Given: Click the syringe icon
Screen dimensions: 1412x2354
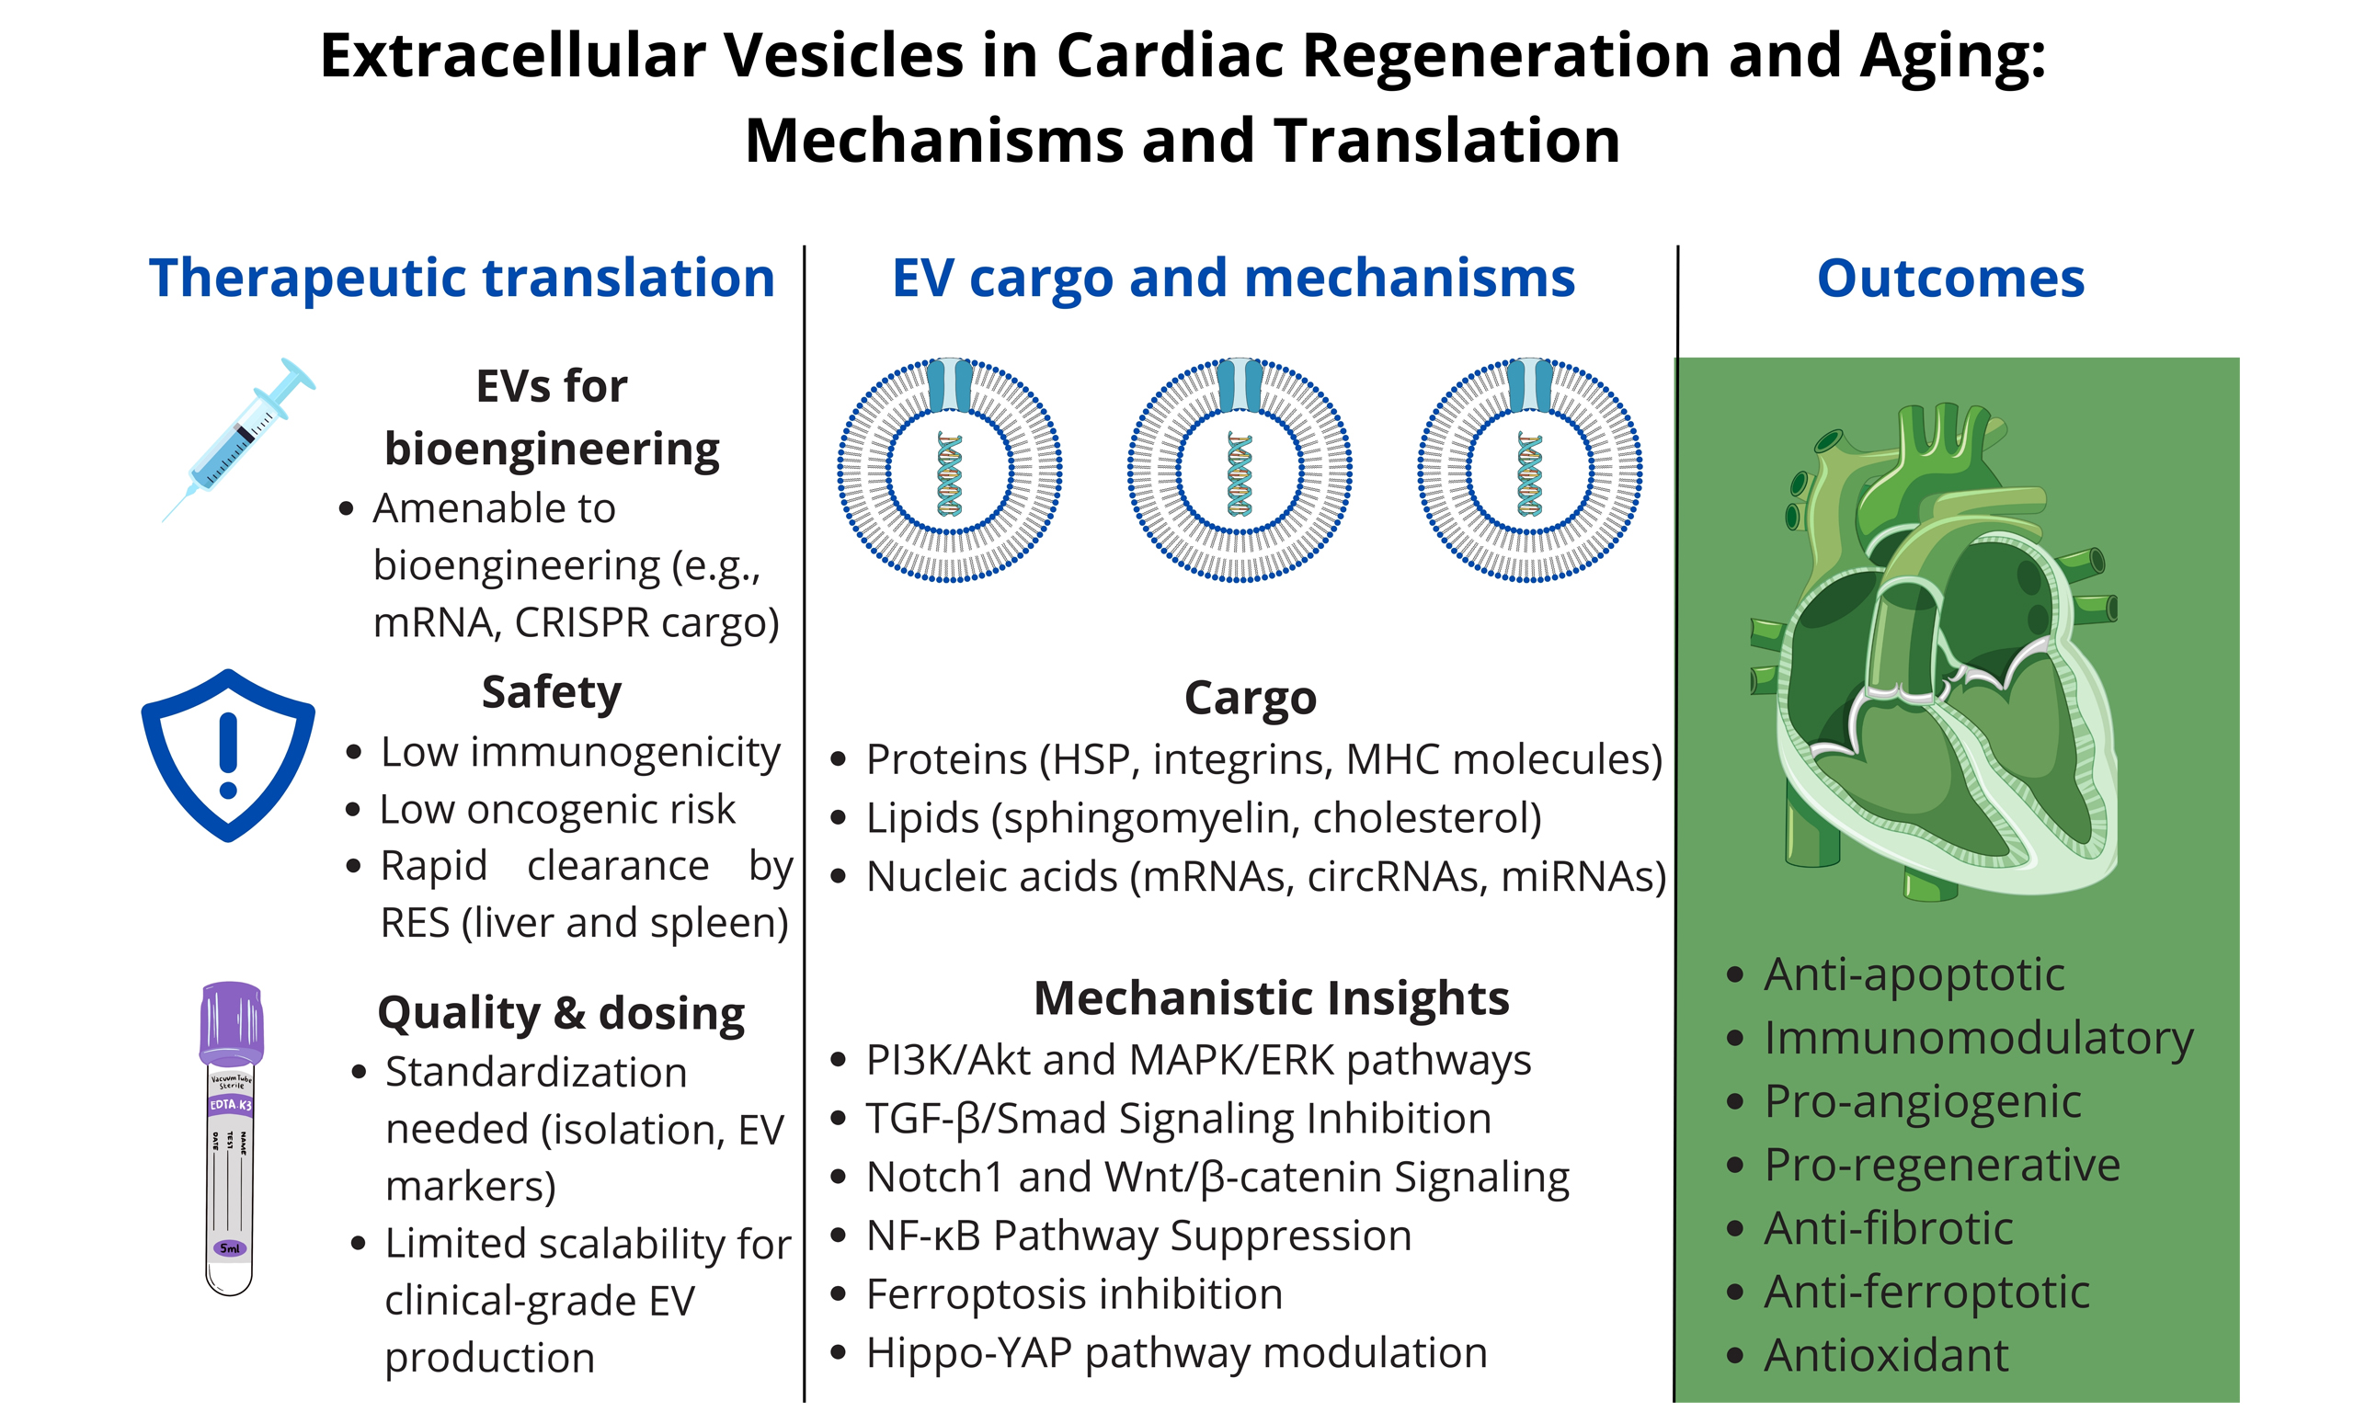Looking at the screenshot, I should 238,439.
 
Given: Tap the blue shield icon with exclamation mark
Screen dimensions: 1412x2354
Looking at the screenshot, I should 228,755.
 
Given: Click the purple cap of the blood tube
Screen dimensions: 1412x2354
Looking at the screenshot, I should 231,1023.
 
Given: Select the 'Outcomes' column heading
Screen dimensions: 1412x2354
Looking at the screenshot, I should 1950,278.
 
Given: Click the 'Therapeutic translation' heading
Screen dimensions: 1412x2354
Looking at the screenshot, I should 462,278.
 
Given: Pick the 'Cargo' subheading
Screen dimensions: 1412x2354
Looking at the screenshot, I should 1251,698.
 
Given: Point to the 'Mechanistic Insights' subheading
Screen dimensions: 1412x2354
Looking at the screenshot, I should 1271,998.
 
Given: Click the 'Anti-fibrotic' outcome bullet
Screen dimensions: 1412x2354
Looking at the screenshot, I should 1888,1227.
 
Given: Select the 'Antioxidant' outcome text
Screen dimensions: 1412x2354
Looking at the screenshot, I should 1886,1355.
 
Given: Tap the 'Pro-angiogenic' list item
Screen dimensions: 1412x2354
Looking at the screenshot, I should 1922,1101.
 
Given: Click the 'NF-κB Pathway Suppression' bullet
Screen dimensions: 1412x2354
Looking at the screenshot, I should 1138,1235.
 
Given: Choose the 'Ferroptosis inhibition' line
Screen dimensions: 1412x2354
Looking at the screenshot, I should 1073,1294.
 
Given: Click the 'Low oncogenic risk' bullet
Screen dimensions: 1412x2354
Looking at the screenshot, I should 556,810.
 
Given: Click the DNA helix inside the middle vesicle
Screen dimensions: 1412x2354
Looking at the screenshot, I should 1239,473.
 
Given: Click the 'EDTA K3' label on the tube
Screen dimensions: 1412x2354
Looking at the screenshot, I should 230,1105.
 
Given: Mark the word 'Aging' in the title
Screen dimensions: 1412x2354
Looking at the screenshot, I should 1950,55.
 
